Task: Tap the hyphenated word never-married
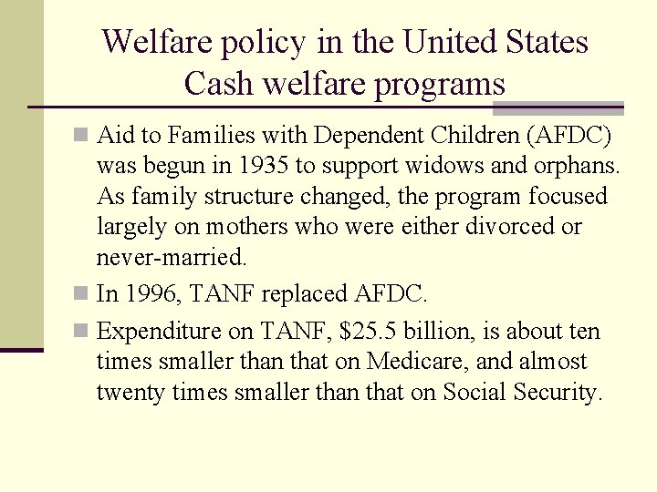[172, 257]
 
